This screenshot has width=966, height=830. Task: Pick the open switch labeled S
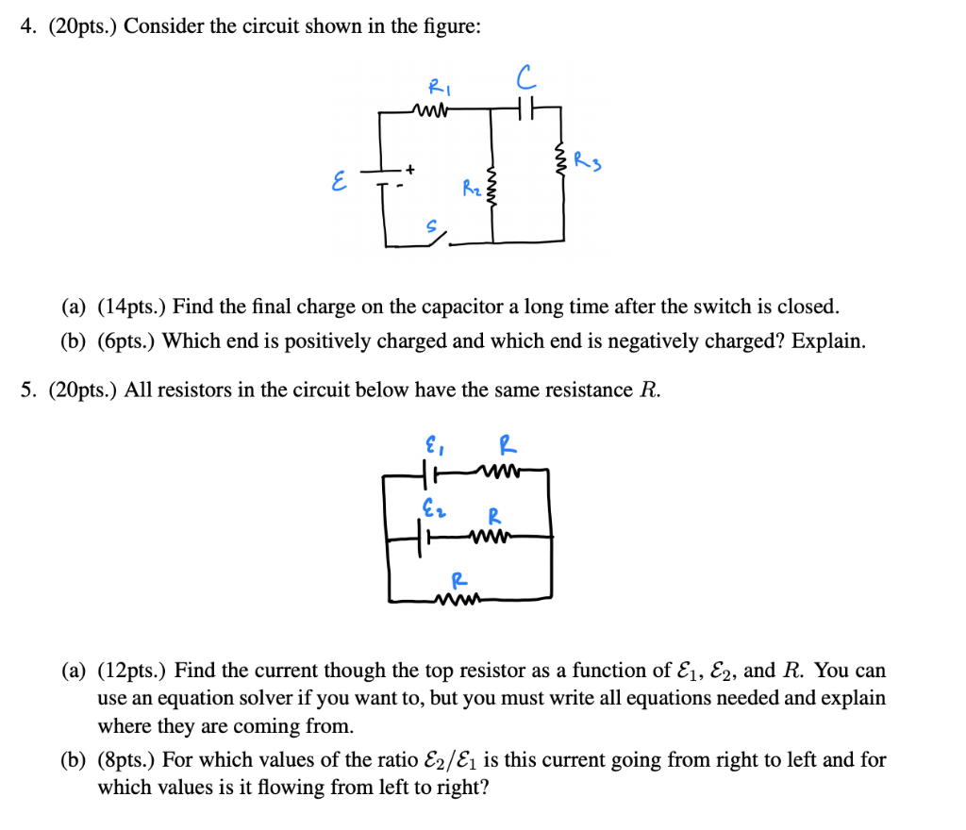[436, 237]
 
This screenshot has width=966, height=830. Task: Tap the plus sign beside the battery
[411, 168]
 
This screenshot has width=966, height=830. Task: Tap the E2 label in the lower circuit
[431, 511]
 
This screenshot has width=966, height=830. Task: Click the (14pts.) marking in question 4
[132, 307]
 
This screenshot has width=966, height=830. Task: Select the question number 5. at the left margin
[28, 390]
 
